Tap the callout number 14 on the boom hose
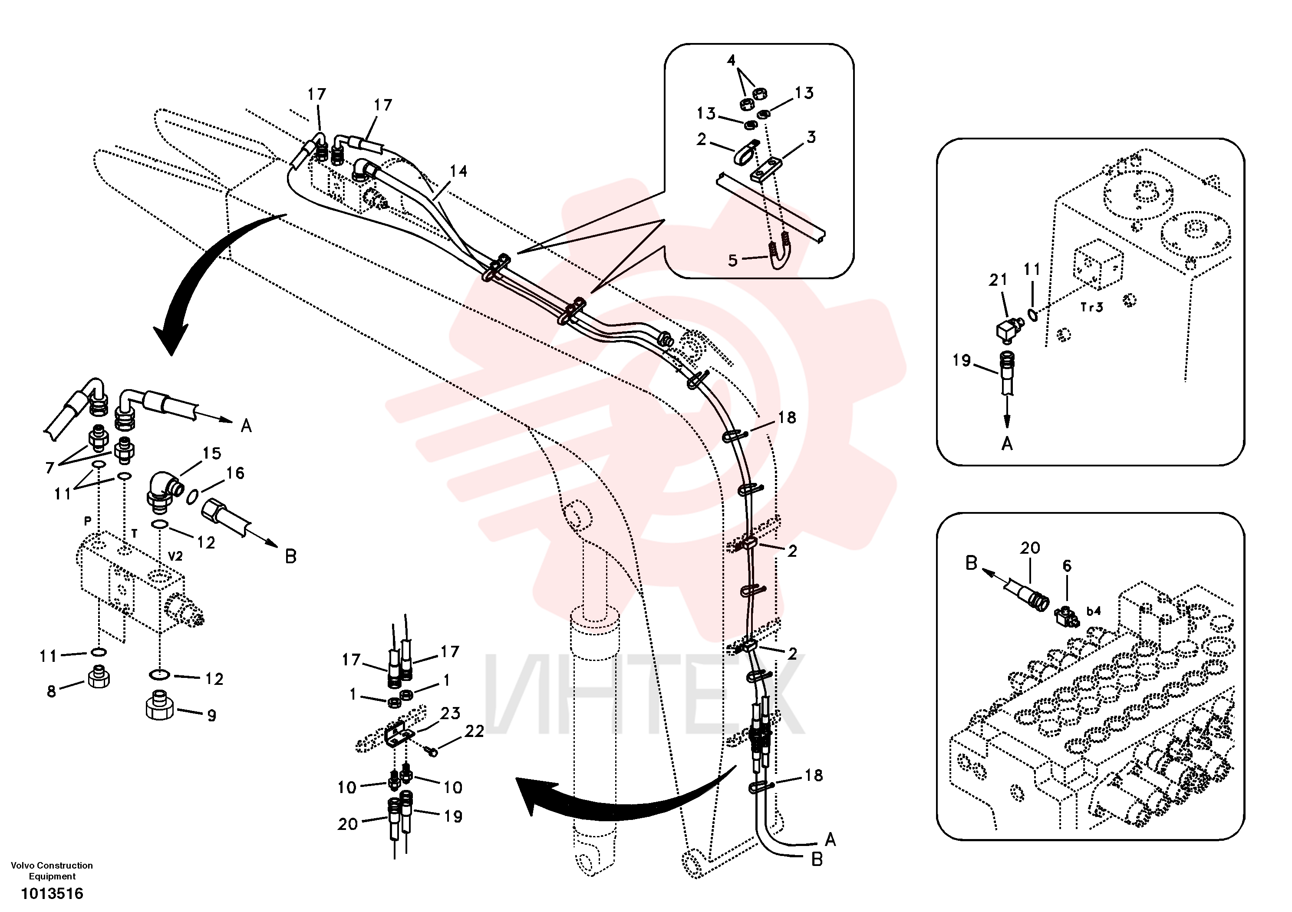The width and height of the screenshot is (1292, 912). tap(458, 171)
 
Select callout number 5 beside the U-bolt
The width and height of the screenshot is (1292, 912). tap(733, 261)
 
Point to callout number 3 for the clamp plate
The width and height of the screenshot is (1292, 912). tap(811, 137)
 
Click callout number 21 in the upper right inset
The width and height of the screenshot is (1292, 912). tap(998, 280)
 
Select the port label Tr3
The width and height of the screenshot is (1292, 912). tap(1092, 307)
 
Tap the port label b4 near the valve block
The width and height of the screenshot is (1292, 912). tap(1093, 611)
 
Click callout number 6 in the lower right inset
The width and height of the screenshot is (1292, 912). tap(1067, 566)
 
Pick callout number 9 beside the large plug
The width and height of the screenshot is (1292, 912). tap(211, 716)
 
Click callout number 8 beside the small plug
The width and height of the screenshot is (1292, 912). tap(52, 691)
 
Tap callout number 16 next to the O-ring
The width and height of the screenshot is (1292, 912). tap(235, 473)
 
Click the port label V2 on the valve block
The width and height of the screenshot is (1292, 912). tap(175, 556)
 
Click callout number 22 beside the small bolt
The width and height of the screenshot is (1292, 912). tap(475, 731)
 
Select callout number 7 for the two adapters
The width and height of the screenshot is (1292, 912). tap(49, 468)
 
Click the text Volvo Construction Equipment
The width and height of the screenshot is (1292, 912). tap(52, 870)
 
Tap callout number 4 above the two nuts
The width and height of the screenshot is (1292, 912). tap(731, 60)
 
